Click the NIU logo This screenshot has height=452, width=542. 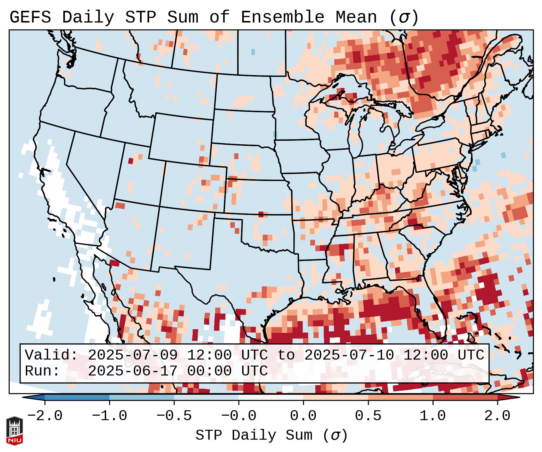[14, 430]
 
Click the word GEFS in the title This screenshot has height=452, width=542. [30, 17]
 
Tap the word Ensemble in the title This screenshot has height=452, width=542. [283, 17]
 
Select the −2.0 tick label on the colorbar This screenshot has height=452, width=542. [45, 416]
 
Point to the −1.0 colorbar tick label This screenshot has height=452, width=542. [109, 416]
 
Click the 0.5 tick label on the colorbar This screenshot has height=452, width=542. [368, 416]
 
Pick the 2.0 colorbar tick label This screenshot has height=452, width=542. [498, 416]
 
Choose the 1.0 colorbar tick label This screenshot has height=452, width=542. [433, 416]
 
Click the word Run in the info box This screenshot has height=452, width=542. [42, 371]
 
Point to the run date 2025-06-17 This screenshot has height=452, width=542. [133, 371]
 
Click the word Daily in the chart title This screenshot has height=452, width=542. [88, 17]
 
